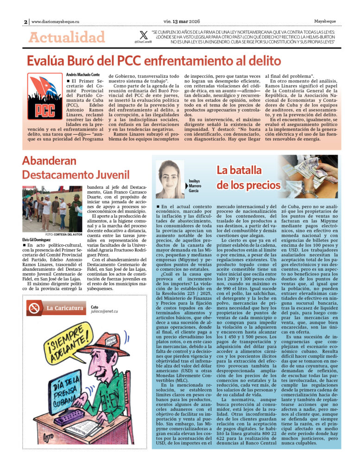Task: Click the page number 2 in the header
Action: pos(25,21)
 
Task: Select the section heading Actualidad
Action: pos(67,37)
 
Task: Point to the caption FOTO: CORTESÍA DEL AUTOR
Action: pos(63,234)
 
